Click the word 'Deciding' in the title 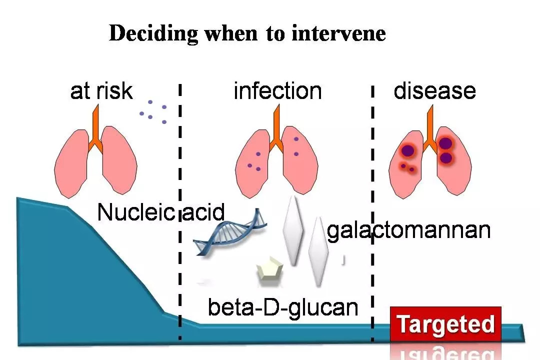[x=153, y=34]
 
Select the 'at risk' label [x=101, y=91]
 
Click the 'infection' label [x=277, y=91]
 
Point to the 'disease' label [x=434, y=90]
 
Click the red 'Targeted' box [x=445, y=324]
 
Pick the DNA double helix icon [x=229, y=232]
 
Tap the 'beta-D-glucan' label [x=283, y=307]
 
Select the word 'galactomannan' [x=409, y=230]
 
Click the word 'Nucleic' [x=136, y=212]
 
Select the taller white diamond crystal [x=293, y=230]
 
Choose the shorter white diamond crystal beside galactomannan [x=318, y=251]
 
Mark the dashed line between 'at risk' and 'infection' [x=180, y=211]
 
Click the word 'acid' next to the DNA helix [x=203, y=212]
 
